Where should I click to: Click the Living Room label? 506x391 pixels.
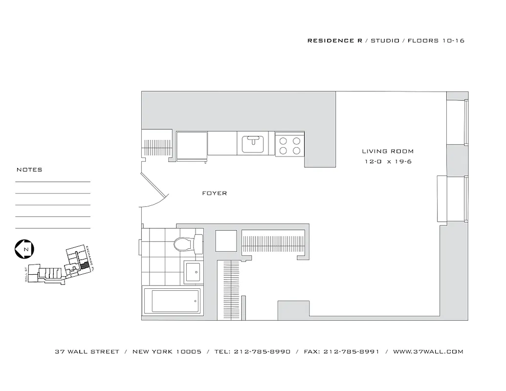(x=388, y=152)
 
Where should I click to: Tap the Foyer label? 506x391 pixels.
(x=215, y=194)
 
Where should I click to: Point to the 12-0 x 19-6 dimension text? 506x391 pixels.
(x=388, y=162)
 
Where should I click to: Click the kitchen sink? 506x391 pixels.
(x=254, y=143)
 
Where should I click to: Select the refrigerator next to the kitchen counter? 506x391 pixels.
(x=192, y=145)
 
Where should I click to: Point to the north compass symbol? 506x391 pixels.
(x=24, y=249)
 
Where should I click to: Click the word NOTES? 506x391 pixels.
(x=29, y=170)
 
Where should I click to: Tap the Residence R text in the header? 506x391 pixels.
(x=335, y=41)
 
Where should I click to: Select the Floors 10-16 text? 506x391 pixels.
(x=436, y=41)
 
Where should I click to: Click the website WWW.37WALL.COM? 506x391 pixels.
(x=428, y=351)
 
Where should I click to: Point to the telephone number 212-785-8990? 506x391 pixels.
(x=262, y=351)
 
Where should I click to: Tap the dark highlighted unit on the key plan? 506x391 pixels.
(x=85, y=264)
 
